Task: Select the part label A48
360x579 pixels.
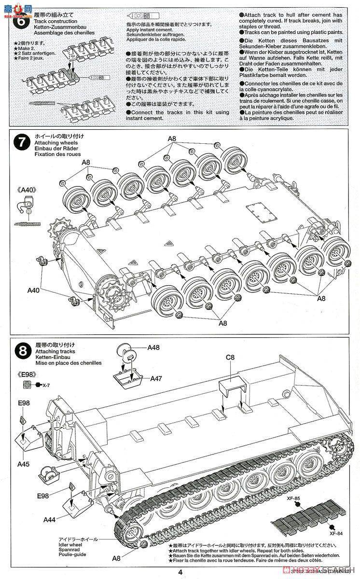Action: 153,347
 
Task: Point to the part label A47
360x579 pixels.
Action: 155,378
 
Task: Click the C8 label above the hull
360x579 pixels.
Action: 230,358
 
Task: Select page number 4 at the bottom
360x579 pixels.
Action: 180,572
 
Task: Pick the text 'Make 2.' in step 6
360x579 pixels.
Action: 25,49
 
